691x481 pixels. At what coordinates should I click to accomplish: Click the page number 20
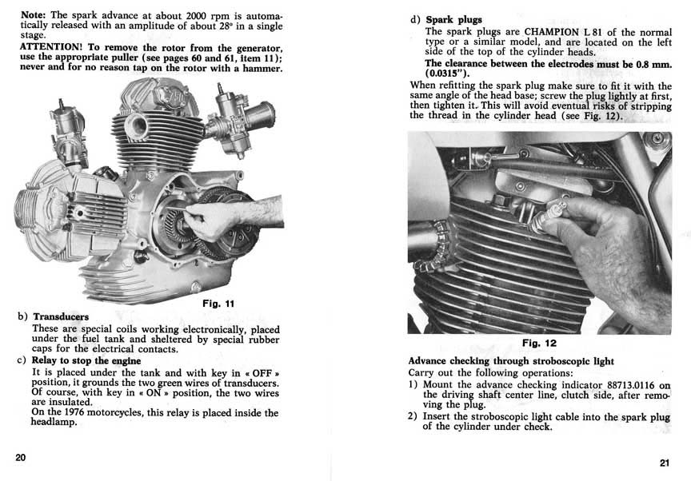[x=21, y=456]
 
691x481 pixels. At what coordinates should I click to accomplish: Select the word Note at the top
[x=34, y=15]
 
